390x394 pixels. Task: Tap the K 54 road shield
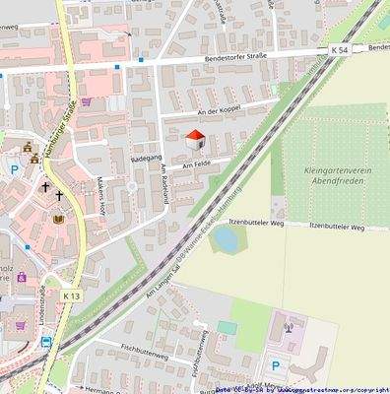(x=340, y=49)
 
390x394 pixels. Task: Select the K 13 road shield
(x=70, y=295)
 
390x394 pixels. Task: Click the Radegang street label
(x=145, y=157)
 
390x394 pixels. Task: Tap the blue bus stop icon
(x=45, y=342)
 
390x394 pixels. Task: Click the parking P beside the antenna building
(x=275, y=364)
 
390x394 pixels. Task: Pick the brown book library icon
(x=58, y=219)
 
